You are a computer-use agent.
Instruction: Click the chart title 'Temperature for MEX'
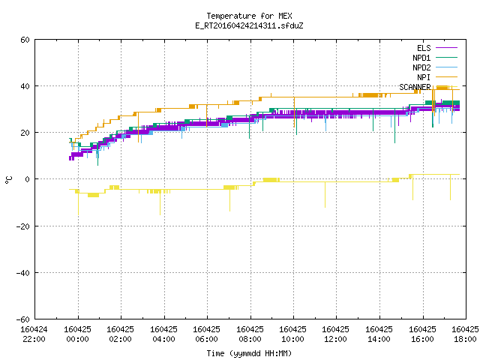pos(249,16)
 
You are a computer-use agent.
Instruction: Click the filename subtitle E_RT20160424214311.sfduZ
pos(249,25)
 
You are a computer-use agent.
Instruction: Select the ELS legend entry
pos(424,48)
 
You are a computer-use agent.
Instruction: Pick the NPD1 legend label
pos(421,58)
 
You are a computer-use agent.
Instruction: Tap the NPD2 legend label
pos(421,67)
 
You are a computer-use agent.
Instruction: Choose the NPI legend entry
pos(424,77)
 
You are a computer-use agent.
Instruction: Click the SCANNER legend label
pos(415,87)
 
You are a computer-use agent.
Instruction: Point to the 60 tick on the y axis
pos(25,40)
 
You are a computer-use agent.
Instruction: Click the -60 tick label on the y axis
pos(23,319)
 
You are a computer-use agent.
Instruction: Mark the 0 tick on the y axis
pos(28,179)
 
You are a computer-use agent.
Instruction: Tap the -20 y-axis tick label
pos(23,226)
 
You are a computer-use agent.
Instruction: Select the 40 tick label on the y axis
pos(25,86)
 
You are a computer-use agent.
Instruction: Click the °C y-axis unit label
pos(8,180)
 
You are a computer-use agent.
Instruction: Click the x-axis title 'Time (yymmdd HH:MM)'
pos(249,353)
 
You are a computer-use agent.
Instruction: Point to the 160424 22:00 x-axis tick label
pos(34,334)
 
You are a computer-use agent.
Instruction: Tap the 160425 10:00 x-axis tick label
pos(292,334)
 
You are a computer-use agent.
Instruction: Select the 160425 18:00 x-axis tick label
pos(465,334)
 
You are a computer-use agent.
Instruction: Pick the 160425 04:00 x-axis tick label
pos(163,334)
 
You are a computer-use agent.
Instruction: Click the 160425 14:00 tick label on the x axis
pos(379,334)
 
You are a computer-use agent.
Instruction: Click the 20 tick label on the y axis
pos(25,133)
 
